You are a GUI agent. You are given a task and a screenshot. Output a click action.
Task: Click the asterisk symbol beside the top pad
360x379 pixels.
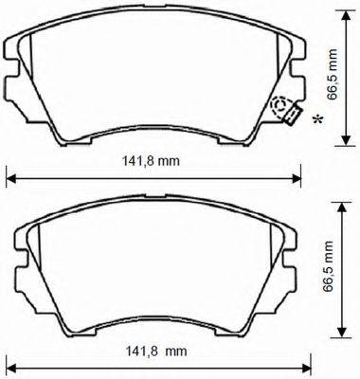(316, 118)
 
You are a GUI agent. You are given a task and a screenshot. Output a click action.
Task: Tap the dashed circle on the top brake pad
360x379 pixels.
(281, 107)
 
